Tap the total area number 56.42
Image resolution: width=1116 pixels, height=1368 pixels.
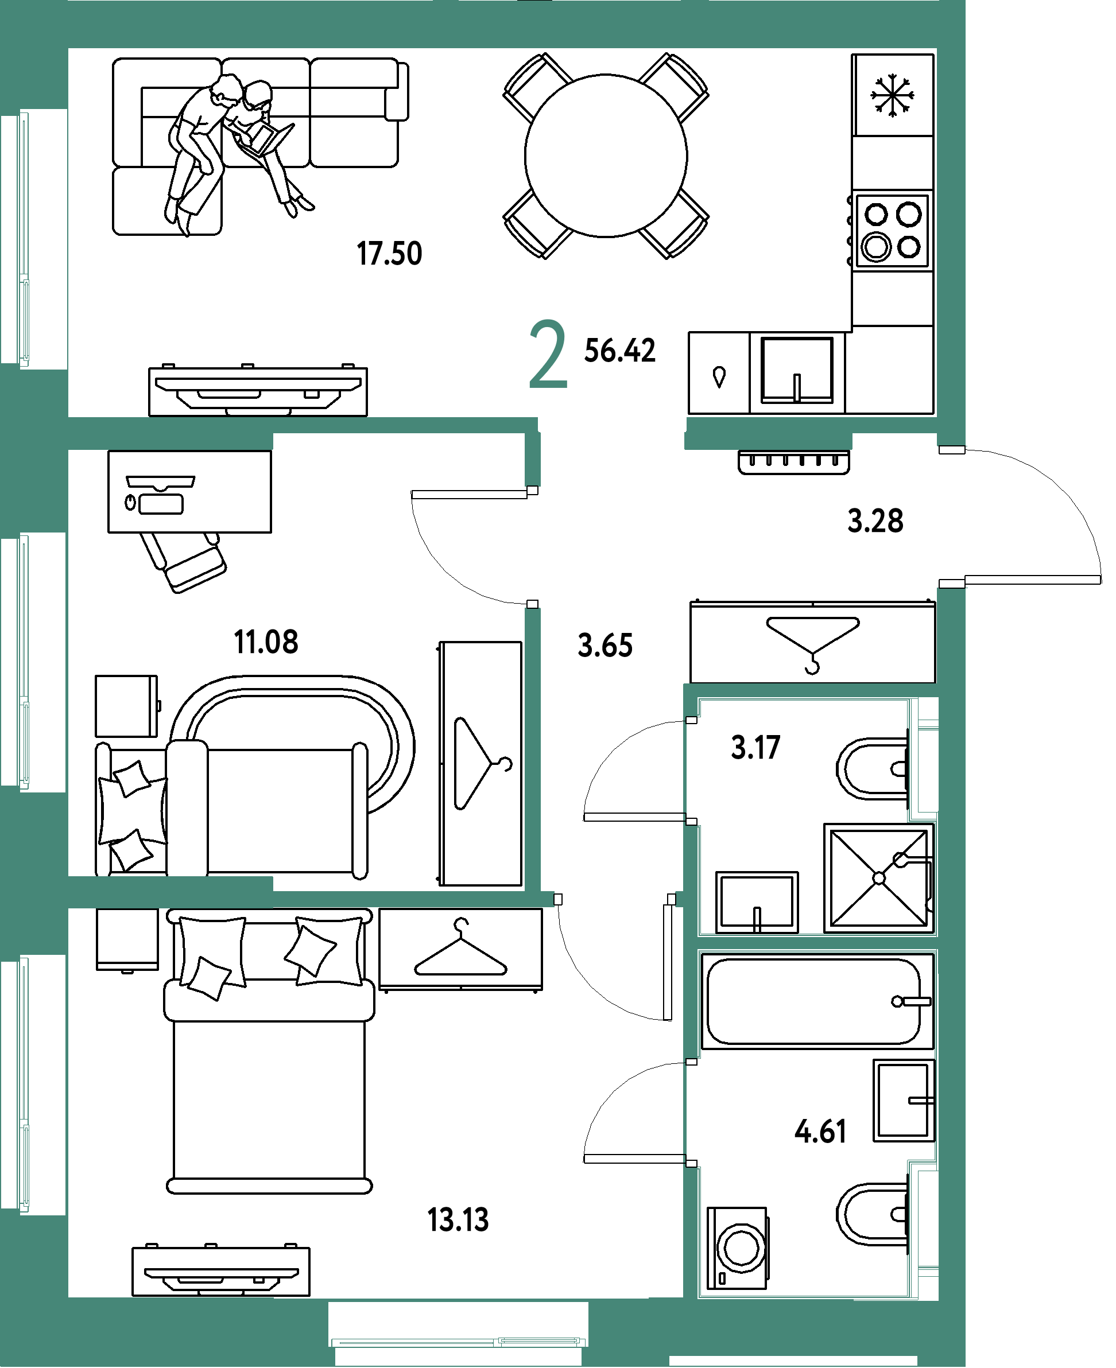[x=620, y=351]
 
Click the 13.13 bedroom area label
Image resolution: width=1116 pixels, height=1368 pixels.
[x=458, y=1219]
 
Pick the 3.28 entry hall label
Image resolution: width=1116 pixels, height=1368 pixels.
[x=875, y=520]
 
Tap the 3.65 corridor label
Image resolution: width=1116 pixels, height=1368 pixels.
[x=605, y=645]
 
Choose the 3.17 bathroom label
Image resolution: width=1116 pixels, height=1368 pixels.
[x=755, y=747]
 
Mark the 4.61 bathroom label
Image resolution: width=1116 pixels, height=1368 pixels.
[x=820, y=1132]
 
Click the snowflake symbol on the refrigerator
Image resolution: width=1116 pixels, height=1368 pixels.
[x=892, y=96]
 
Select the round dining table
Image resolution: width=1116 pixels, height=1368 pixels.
[x=606, y=156]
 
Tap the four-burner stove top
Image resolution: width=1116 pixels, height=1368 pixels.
[x=892, y=231]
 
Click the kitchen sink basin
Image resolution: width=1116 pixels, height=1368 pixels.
[x=796, y=371]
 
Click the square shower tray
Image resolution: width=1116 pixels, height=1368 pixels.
[x=879, y=878]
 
